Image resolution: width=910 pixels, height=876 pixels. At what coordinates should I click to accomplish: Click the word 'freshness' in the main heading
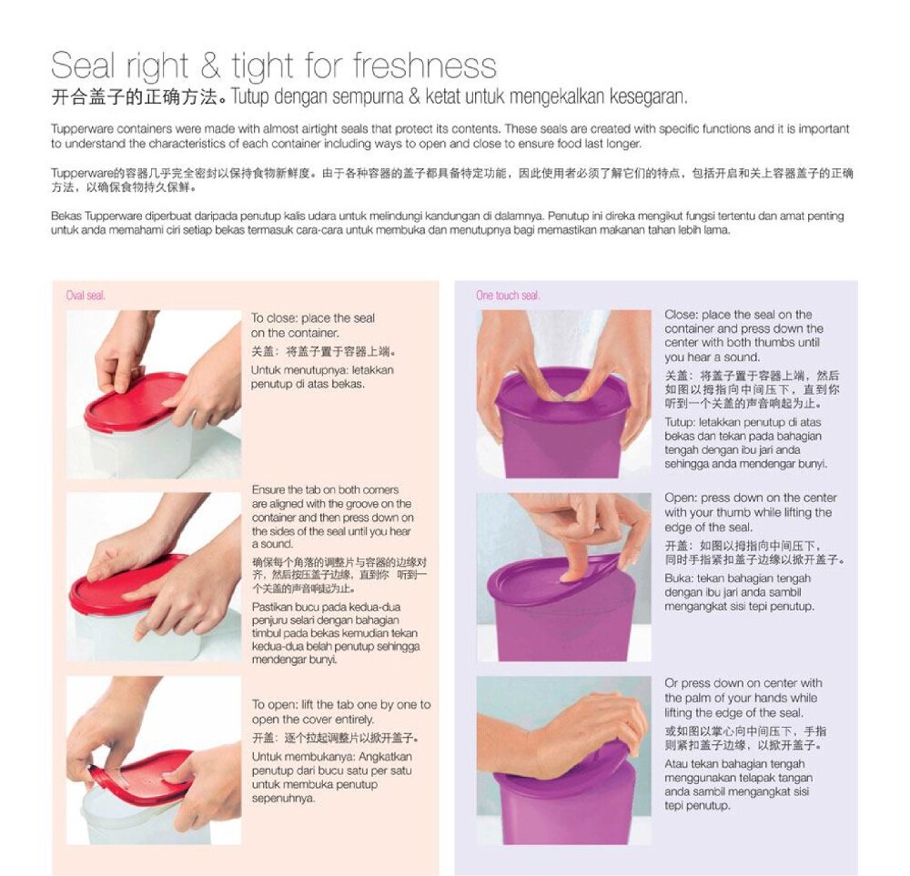[x=424, y=65]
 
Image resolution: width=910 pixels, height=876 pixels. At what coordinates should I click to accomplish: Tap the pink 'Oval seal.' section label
[x=86, y=296]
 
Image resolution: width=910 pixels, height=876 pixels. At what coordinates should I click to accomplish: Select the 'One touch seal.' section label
[x=508, y=296]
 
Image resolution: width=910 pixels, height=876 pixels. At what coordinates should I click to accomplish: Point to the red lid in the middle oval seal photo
[x=127, y=585]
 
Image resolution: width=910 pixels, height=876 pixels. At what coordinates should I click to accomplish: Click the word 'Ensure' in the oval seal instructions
[x=268, y=489]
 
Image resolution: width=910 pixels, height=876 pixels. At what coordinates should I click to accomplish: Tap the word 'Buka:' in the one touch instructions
[x=679, y=579]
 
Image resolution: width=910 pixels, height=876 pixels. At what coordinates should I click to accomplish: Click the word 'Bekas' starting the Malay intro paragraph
[x=66, y=216]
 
